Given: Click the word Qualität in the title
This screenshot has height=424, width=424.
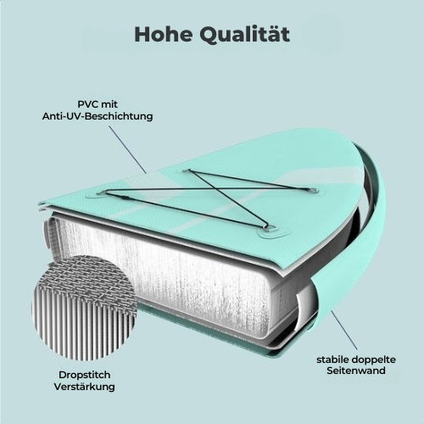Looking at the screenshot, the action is pyautogui.click(x=245, y=35).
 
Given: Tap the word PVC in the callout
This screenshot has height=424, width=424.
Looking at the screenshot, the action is pyautogui.click(x=86, y=104).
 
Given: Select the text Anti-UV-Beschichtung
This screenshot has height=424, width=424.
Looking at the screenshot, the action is pyautogui.click(x=98, y=116).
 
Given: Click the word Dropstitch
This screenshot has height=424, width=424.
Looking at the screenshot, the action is pyautogui.click(x=85, y=375).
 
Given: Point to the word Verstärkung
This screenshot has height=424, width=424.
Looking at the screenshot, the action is pyautogui.click(x=85, y=387).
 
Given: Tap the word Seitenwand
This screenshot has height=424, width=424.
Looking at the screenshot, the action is pyautogui.click(x=356, y=371).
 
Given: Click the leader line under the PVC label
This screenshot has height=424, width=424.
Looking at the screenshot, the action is pyautogui.click(x=127, y=149).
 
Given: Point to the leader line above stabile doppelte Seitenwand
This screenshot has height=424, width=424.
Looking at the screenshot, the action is pyautogui.click(x=344, y=330).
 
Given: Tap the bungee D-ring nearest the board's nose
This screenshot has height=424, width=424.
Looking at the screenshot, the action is pyautogui.click(x=313, y=190).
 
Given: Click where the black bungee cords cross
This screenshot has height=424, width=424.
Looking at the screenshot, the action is pyautogui.click(x=209, y=187).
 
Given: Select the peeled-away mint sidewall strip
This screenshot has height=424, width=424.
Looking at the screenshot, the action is pyautogui.click(x=365, y=240).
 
